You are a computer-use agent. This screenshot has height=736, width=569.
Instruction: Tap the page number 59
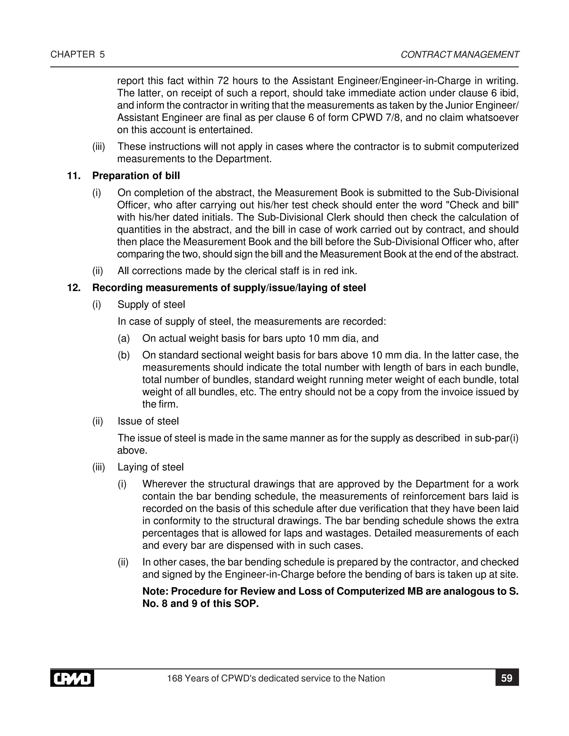click(x=507, y=678)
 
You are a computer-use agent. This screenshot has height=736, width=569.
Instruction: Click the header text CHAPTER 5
click(x=78, y=55)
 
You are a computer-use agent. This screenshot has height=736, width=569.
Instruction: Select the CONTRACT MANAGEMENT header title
click(x=460, y=55)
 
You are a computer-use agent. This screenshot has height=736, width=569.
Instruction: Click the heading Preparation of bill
click(x=136, y=176)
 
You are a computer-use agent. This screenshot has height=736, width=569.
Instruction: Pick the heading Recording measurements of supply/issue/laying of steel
click(x=229, y=288)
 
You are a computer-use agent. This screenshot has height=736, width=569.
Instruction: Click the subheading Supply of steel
click(x=151, y=305)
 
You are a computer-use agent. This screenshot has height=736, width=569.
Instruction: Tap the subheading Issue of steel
click(x=148, y=421)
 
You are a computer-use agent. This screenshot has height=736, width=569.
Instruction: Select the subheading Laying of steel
click(x=150, y=467)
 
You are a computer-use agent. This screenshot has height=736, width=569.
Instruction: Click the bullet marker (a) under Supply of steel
click(x=123, y=338)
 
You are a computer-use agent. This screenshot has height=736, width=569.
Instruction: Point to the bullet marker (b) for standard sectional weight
click(x=123, y=355)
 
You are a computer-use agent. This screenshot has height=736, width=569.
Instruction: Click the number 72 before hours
click(x=223, y=81)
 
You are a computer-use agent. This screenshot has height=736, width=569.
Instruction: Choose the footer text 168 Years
click(x=188, y=679)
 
